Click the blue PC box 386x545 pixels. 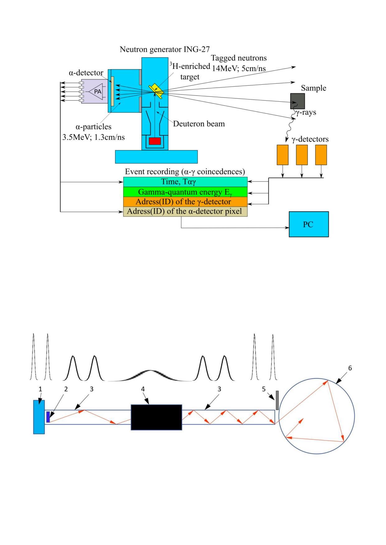click(x=309, y=224)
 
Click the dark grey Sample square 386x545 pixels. click(x=297, y=101)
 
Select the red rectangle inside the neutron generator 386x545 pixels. click(x=155, y=141)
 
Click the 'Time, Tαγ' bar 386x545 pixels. click(x=185, y=181)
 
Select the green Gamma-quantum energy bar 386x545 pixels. click(x=185, y=192)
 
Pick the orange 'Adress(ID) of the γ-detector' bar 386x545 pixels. click(x=185, y=202)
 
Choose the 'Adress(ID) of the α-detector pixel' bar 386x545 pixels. click(x=185, y=212)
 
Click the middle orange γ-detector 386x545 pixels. click(x=302, y=155)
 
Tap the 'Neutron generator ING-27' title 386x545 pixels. click(x=165, y=49)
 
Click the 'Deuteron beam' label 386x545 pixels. click(x=199, y=124)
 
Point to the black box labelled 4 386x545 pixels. click(x=156, y=417)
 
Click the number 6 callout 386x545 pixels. click(x=350, y=368)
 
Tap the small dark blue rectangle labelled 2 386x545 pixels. click(x=48, y=417)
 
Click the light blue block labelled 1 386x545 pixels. click(x=39, y=417)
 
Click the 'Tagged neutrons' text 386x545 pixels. click(x=239, y=58)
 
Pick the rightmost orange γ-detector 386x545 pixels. click(x=321, y=155)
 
